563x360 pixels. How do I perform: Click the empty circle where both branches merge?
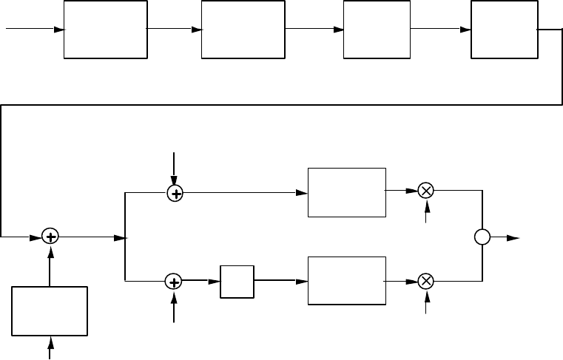[482, 237]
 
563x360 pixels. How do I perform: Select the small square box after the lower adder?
[237, 282]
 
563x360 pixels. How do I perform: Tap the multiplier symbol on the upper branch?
[425, 191]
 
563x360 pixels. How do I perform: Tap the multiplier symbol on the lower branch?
[425, 282]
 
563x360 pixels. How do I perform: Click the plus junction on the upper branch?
[175, 193]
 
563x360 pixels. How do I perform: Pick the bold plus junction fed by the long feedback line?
[50, 237]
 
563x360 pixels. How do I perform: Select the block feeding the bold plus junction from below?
[50, 311]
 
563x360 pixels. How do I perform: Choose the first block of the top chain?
[105, 30]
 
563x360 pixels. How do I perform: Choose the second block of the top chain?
[243, 30]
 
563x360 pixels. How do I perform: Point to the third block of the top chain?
[377, 30]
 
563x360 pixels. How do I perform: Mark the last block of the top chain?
[504, 30]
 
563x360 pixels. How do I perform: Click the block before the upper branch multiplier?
[346, 192]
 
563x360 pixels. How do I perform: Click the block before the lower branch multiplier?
[346, 281]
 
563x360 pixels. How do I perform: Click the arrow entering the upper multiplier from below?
[425, 211]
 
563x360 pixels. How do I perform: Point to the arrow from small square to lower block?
[281, 282]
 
